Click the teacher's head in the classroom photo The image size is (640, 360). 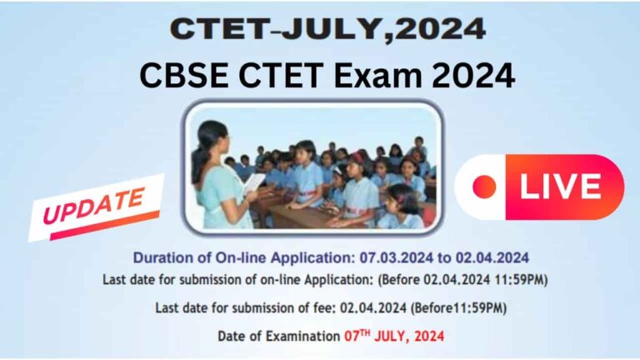[210, 132]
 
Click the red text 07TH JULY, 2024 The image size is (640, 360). [394, 337]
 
